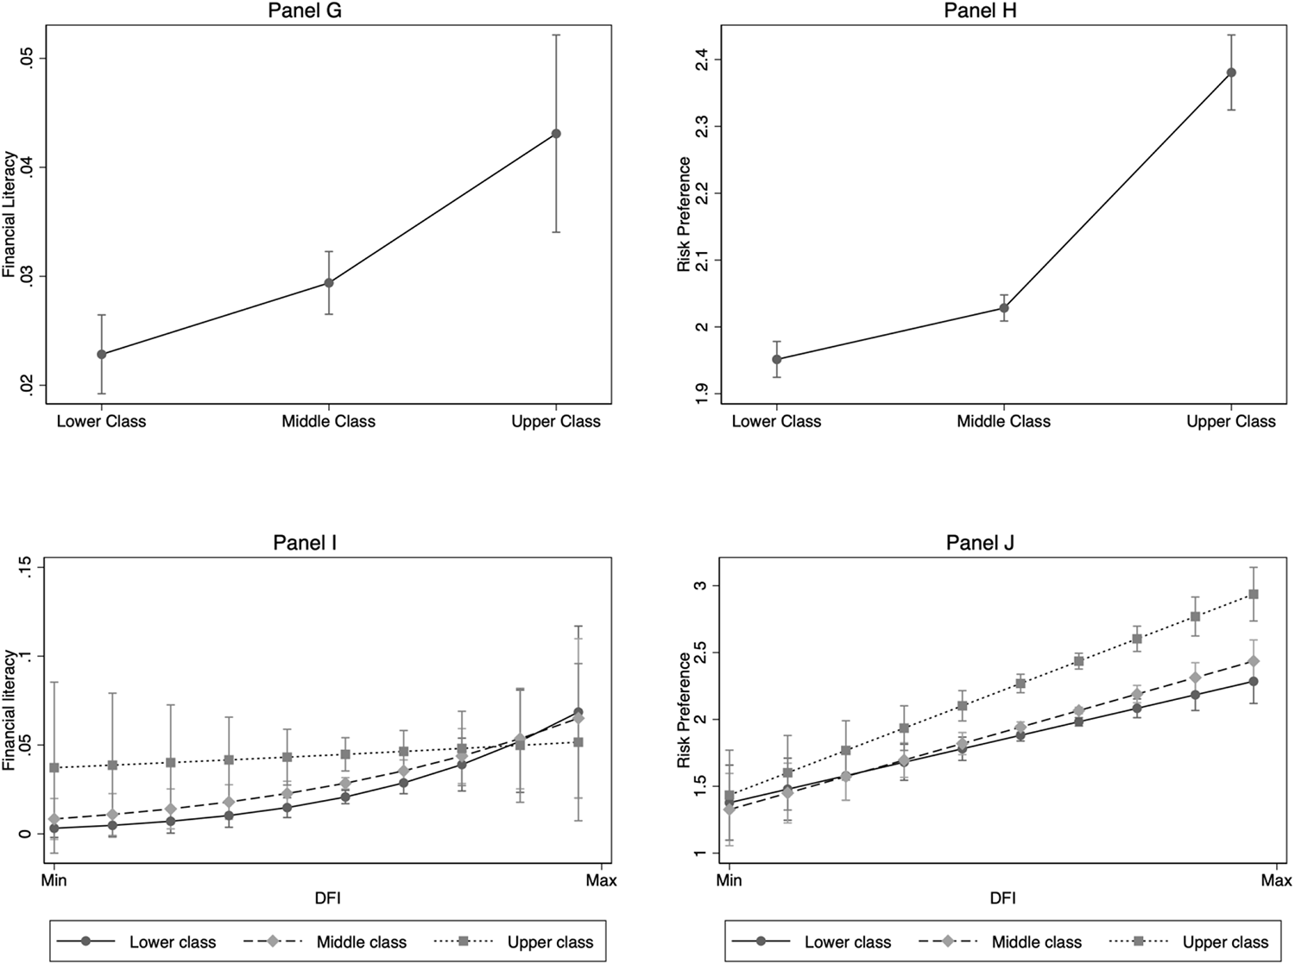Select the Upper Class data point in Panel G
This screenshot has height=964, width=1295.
[x=556, y=134]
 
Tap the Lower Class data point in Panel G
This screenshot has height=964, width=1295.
[x=102, y=354]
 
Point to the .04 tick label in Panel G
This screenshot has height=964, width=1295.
[x=28, y=167]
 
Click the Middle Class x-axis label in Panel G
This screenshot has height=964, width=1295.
[x=328, y=422]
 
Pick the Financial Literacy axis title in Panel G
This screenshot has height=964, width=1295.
[x=9, y=214]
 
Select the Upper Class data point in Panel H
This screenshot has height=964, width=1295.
[x=1231, y=72]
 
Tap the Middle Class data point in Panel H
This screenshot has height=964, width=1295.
[x=1004, y=308]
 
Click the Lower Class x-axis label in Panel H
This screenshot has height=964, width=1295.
[x=776, y=422]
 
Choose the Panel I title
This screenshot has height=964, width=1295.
[x=305, y=542]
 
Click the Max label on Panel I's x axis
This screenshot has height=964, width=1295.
[x=601, y=880]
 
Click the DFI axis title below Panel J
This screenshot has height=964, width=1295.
[x=1002, y=898]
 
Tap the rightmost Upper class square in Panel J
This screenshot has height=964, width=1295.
[x=1254, y=594]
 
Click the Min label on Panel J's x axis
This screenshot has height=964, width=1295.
[x=730, y=880]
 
